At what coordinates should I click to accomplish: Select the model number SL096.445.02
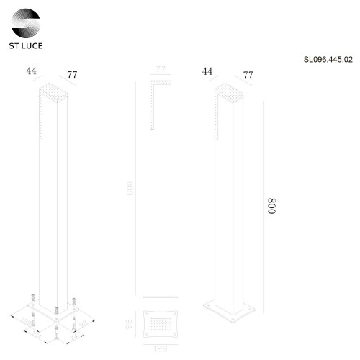tap(328, 63)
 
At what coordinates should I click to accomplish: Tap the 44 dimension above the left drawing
tap(31, 71)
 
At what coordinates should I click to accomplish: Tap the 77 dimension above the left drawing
tap(72, 75)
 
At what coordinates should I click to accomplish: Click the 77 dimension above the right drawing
tap(248, 75)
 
